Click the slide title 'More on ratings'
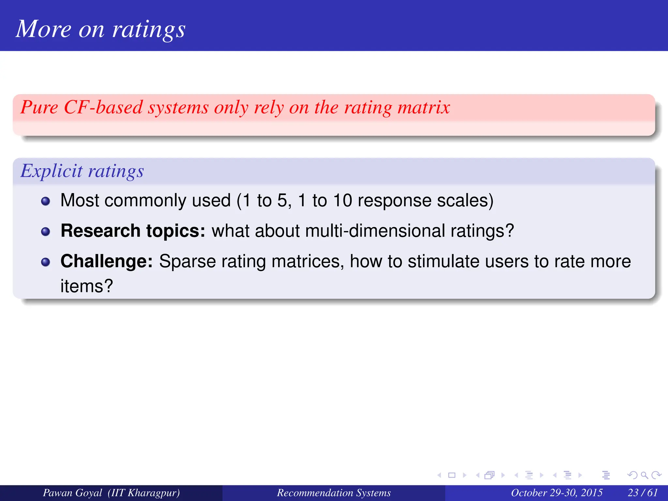(100, 29)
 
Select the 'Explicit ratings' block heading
(82, 171)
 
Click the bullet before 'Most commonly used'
(46, 201)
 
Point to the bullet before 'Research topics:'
(46, 232)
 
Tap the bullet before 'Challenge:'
(46, 262)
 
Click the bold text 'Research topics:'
(133, 231)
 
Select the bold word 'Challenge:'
(107, 261)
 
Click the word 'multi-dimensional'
(375, 231)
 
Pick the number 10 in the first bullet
(342, 200)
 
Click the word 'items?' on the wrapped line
(87, 286)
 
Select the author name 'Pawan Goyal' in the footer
(72, 493)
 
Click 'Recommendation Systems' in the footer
(334, 493)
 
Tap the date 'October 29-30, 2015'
(556, 493)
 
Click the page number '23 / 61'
(643, 493)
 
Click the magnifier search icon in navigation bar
(644, 475)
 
